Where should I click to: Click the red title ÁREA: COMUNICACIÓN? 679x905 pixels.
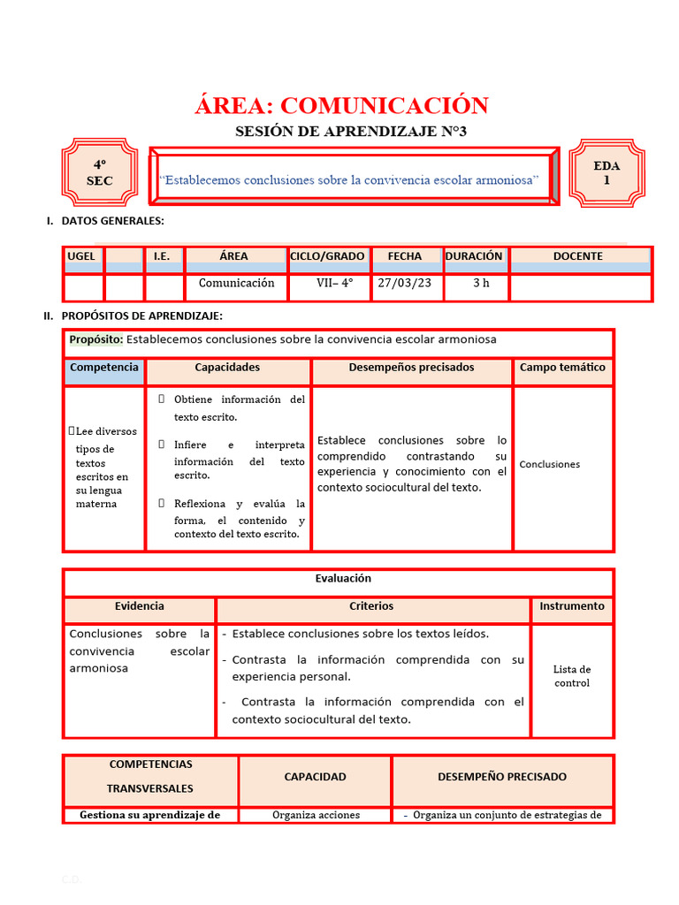pos(341,106)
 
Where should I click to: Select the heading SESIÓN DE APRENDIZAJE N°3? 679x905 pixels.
pos(350,132)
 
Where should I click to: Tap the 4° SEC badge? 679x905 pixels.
pos(100,173)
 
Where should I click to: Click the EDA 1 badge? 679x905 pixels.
pos(607,172)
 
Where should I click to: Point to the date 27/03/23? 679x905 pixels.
pos(405,284)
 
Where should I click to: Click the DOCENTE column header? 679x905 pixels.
pos(577,256)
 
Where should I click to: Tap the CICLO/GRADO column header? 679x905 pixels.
pos(327,256)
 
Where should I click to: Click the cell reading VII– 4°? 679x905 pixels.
pos(334,284)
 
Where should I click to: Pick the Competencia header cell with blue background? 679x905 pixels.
pos(104,368)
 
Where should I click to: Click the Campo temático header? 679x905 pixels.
pos(562,368)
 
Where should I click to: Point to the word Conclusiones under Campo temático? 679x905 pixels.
pos(550,464)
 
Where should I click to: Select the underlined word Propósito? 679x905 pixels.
pos(95,339)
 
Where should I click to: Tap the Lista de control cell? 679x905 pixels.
pos(572,676)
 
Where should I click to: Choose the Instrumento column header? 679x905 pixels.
pos(572,606)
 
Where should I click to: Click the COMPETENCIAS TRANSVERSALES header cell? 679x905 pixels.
pos(150,776)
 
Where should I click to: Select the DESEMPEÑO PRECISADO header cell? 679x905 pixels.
pos(502,777)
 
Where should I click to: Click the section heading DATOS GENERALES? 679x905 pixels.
pos(112,221)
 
